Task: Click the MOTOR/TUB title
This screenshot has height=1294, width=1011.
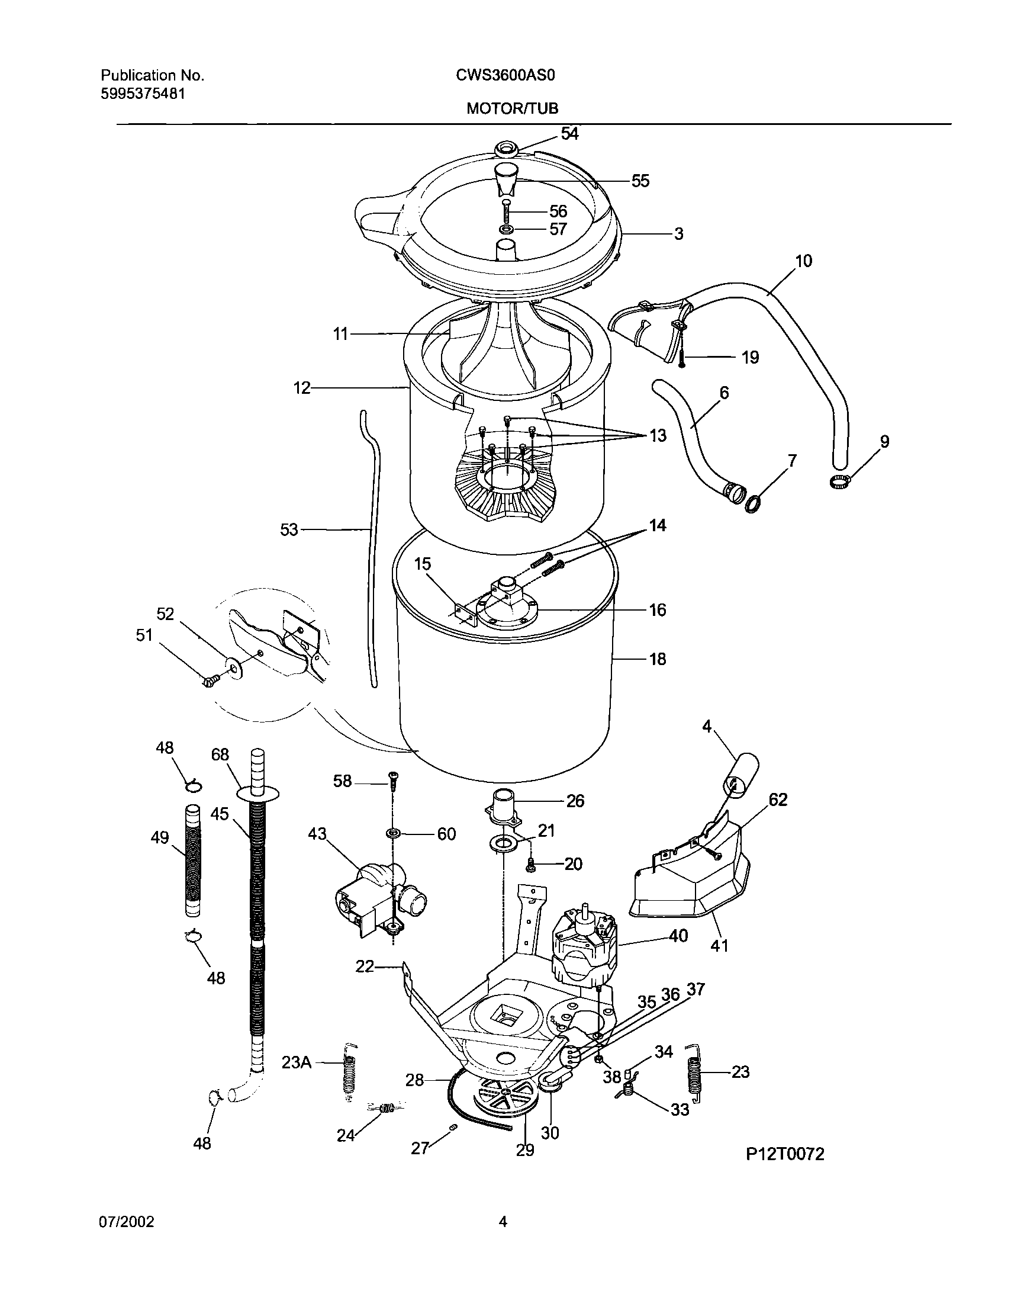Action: click(512, 108)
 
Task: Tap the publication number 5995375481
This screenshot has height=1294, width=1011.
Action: click(143, 94)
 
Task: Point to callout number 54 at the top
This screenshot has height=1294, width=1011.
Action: click(569, 134)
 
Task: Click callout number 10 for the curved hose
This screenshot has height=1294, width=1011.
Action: click(803, 261)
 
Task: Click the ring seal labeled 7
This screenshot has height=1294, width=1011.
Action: click(752, 504)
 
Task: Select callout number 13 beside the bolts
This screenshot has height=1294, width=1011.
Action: click(658, 435)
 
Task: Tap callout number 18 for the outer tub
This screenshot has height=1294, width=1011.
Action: click(658, 659)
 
